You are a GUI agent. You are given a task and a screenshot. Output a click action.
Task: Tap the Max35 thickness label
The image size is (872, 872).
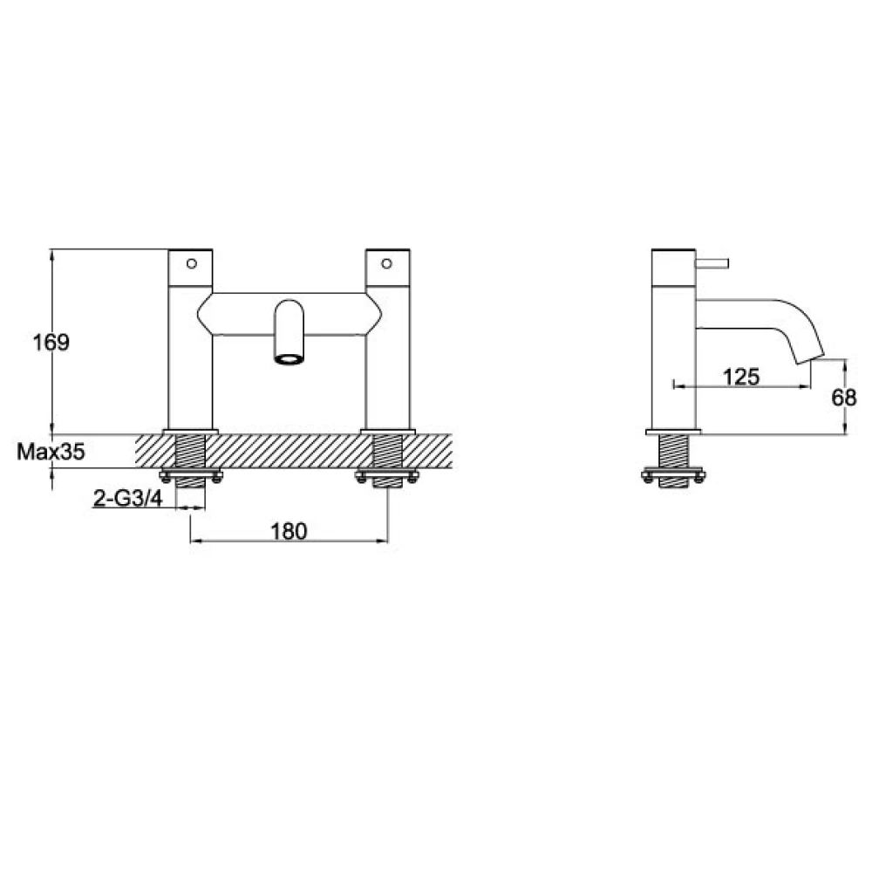(51, 452)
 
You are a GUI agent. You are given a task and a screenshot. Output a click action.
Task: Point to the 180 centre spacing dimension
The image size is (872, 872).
(289, 530)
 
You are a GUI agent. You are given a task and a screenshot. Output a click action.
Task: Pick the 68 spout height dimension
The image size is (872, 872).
(843, 398)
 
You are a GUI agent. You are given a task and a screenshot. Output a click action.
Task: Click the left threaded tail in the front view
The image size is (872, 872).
(191, 452)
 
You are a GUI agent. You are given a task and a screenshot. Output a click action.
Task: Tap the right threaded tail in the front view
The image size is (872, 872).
(387, 452)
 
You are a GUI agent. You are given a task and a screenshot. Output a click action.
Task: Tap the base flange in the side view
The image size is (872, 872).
(673, 431)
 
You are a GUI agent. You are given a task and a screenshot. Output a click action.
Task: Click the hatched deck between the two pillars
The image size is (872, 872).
(289, 452)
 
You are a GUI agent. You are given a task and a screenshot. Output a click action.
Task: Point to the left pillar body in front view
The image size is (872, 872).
(191, 366)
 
